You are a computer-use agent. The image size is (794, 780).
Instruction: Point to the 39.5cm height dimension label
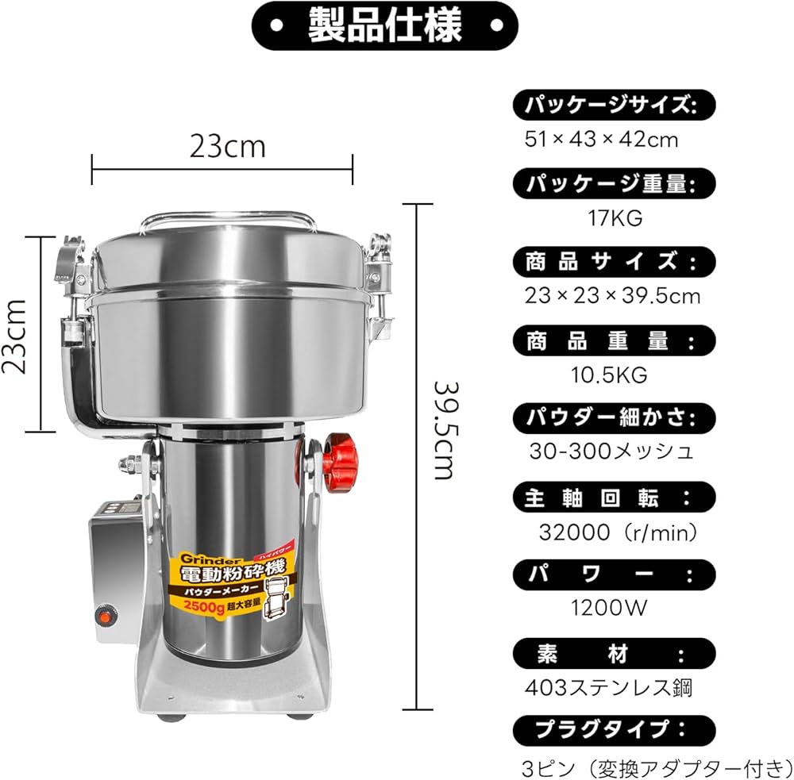443,429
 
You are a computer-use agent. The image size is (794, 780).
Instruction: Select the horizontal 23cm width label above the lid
226,146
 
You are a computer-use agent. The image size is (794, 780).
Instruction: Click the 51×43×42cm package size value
601,140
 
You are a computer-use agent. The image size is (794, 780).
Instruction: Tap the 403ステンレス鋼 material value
609,686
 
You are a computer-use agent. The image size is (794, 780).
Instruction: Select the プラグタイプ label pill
614,729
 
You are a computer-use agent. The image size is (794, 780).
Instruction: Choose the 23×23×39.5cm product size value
612,296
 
